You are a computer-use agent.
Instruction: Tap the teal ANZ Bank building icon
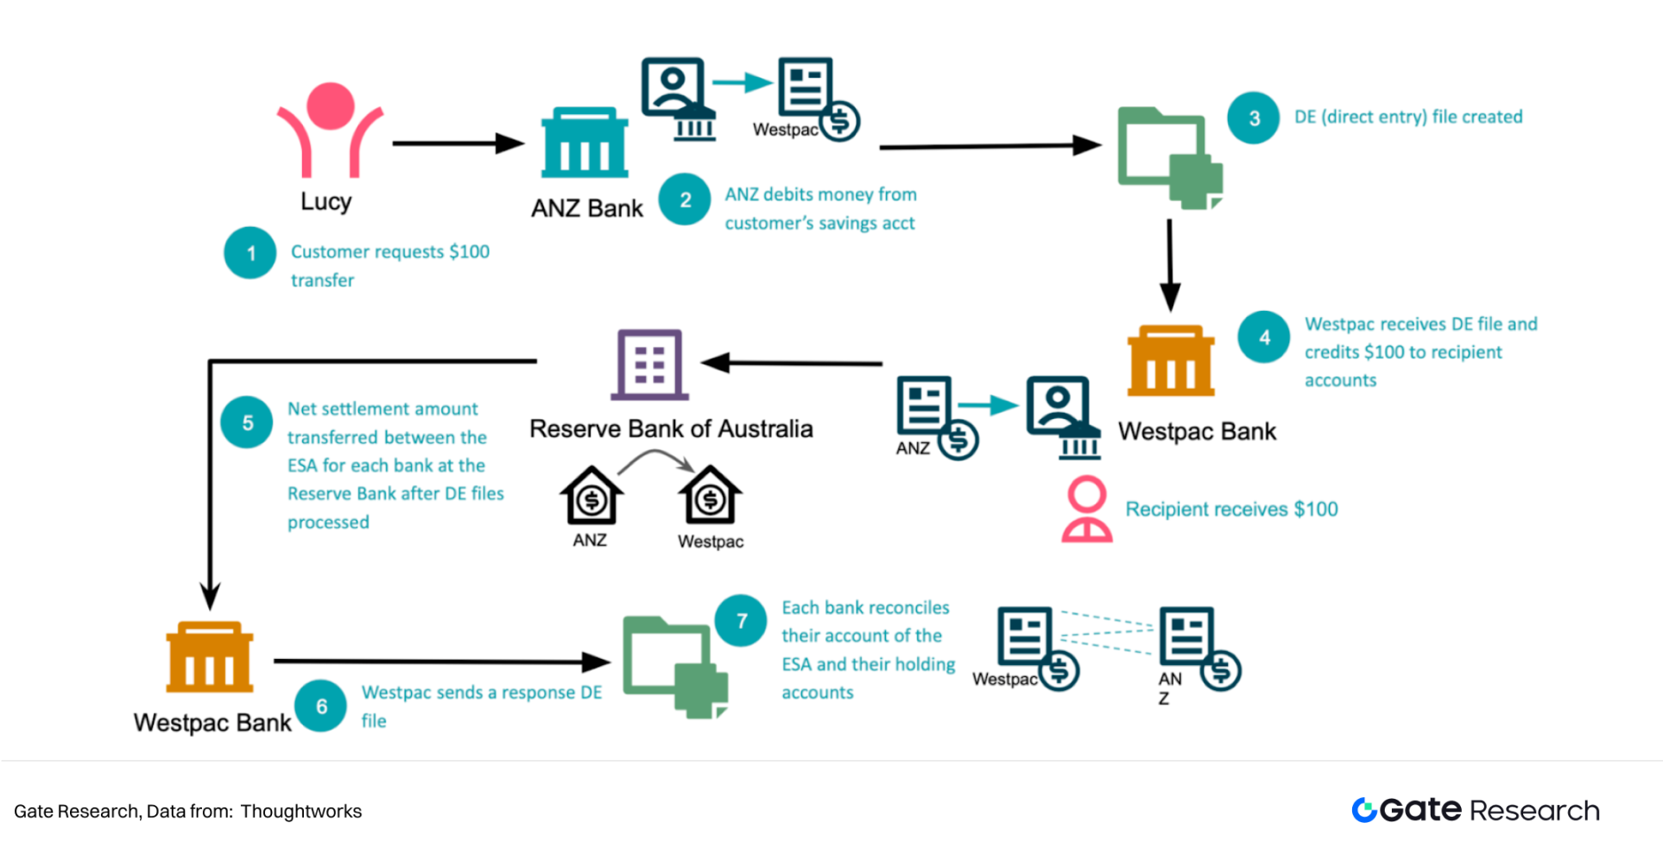pos(585,142)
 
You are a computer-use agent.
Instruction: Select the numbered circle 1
pos(250,253)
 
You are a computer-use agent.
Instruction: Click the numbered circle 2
pos(685,199)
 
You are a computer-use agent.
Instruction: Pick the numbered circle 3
pos(1254,117)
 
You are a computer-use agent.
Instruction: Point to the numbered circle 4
pos(1264,337)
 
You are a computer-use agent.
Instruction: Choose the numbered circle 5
pos(247,422)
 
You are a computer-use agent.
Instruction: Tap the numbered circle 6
pos(321,706)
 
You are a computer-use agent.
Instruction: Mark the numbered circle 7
pos(741,621)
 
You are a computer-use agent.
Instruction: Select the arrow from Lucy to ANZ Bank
pos(458,143)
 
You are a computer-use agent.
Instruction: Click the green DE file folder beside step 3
pos(1169,157)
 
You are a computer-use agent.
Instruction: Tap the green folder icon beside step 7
pos(674,667)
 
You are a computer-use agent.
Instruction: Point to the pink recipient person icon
pos(1086,510)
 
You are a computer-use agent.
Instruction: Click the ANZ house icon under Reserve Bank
pos(591,496)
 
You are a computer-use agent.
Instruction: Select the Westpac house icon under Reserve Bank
pos(710,496)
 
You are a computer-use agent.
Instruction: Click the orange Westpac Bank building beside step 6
pos(210,657)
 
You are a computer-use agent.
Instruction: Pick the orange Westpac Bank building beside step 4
pos(1171,360)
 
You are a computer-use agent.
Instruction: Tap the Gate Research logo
pos(1476,810)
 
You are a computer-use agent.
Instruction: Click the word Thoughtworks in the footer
pos(300,812)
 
